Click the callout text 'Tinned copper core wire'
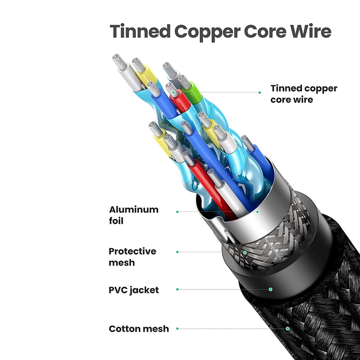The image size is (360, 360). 303,94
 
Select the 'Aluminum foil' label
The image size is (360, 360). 134,215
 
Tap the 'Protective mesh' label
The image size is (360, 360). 132,257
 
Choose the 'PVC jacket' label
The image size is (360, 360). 134,290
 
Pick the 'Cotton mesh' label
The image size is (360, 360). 139,329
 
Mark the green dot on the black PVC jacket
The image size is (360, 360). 271,289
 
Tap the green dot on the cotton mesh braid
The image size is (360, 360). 288,329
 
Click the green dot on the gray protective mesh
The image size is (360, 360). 245,252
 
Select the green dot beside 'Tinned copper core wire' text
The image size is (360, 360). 259,92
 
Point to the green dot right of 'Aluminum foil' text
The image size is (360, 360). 178,212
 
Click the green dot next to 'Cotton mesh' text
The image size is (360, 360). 178,329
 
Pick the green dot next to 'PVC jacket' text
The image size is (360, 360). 178,289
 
